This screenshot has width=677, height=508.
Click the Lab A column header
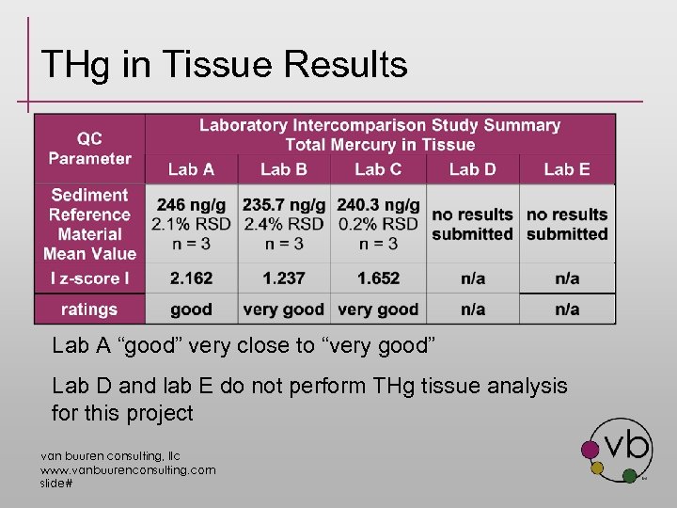(x=191, y=169)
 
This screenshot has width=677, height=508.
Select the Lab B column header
(x=284, y=169)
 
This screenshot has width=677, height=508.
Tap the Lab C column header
(x=378, y=169)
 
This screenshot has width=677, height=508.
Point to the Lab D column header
(x=472, y=169)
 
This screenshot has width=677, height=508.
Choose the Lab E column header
(x=567, y=169)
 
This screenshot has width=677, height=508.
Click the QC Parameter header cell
(x=90, y=149)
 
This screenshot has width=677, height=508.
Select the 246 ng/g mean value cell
(x=191, y=224)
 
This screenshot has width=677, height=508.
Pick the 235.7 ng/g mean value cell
(x=284, y=224)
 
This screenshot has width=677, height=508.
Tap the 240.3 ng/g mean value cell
(x=378, y=224)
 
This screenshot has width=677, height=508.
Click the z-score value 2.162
(x=191, y=278)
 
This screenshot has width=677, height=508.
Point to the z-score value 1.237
(x=284, y=278)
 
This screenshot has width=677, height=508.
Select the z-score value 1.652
(x=378, y=278)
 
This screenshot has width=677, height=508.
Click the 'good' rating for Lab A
(x=191, y=310)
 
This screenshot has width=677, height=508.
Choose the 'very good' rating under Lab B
(x=284, y=310)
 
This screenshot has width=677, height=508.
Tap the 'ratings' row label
(x=89, y=310)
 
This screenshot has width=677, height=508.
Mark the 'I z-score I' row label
(x=89, y=278)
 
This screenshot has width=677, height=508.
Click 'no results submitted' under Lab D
(x=472, y=224)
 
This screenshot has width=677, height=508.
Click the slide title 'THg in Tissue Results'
(x=224, y=65)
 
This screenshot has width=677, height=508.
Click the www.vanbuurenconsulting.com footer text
(x=127, y=469)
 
